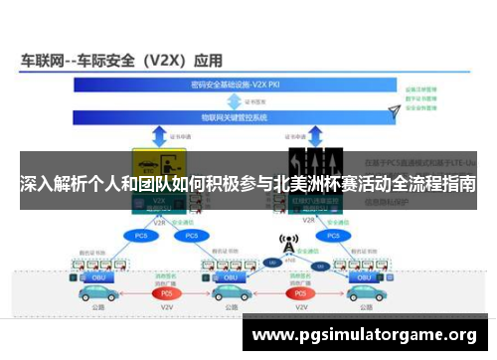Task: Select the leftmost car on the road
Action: pyautogui.click(x=95, y=293)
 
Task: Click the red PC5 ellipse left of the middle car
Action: pyautogui.click(x=168, y=293)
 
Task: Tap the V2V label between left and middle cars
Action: pyautogui.click(x=168, y=308)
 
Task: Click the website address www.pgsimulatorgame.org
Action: pyautogui.click(x=364, y=335)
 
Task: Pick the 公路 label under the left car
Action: pyautogui.click(x=95, y=308)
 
